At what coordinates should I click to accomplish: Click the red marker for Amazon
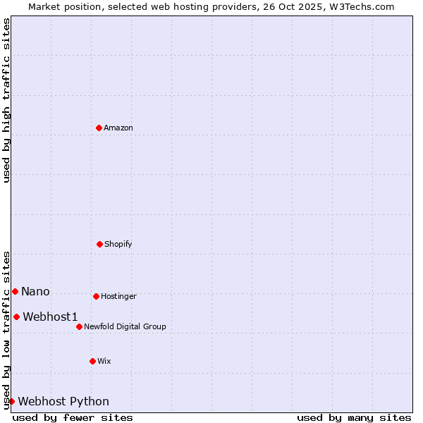pos(99,128)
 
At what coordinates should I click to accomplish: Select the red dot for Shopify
pos(99,244)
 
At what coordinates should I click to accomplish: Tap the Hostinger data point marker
pos(96,296)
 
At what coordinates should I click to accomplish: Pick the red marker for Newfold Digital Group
pos(79,326)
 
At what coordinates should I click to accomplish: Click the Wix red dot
pos(92,361)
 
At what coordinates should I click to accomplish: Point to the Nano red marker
pos(15,291)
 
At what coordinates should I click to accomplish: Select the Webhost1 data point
pos(16,317)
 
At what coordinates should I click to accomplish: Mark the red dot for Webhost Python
pos(11,401)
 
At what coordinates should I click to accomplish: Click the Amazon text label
pos(118,128)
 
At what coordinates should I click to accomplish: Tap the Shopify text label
pos(118,245)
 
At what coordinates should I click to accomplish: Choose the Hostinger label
pos(118,297)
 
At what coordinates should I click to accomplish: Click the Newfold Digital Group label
pos(125,327)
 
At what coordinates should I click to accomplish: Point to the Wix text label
pos(104,362)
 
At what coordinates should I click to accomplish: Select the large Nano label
pos(35,292)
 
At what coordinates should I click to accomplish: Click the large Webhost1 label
pos(50,317)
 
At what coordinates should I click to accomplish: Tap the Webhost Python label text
pos(63,402)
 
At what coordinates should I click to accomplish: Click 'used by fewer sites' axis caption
pos(73,417)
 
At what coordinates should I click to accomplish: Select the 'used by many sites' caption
pos(354,417)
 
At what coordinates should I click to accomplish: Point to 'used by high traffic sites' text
pos(6,100)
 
